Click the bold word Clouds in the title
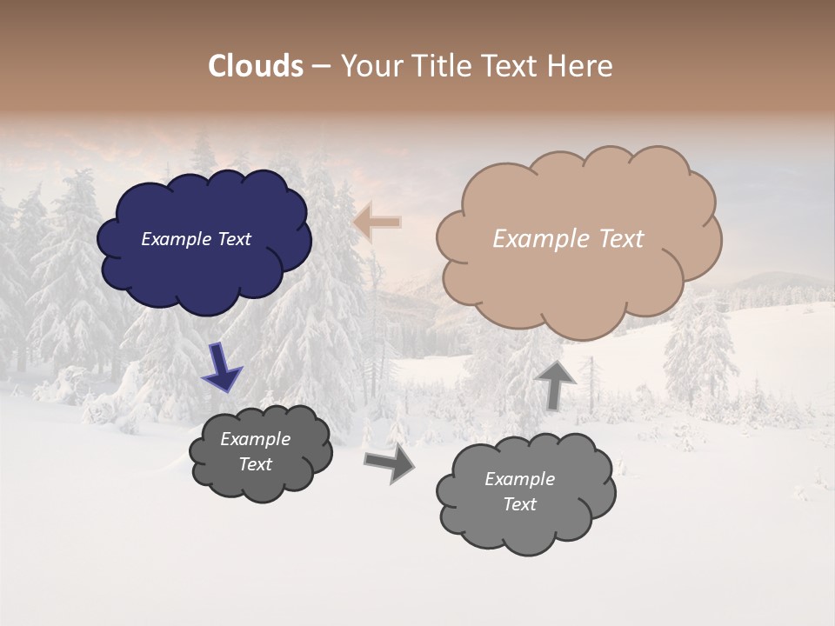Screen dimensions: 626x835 (256, 66)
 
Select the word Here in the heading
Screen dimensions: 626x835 (581, 66)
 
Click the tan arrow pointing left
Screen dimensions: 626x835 (377, 223)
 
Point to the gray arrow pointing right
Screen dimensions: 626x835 (390, 462)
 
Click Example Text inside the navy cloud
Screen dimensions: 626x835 (196, 239)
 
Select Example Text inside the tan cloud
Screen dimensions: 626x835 (568, 239)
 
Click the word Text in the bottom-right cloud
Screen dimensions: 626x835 (519, 504)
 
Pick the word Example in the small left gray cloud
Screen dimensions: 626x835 (255, 439)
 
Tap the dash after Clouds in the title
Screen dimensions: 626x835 (320, 66)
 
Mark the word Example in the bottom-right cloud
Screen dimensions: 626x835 (519, 479)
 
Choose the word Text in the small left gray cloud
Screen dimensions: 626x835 (255, 464)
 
